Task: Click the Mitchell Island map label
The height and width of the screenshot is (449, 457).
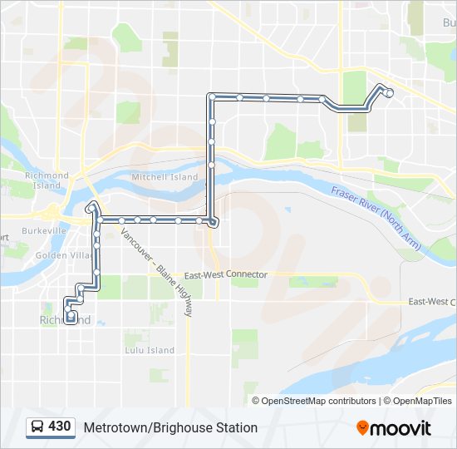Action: (165, 177)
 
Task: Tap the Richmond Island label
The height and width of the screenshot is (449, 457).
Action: (47, 180)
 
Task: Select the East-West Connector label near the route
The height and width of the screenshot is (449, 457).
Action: (226, 274)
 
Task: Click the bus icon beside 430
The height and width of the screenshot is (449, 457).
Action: (37, 427)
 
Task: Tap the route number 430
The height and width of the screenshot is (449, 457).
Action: (60, 427)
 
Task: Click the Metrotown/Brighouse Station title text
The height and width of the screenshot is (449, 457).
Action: (170, 427)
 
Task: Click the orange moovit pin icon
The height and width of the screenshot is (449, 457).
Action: (363, 428)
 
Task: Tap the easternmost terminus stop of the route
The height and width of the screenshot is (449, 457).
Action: (389, 93)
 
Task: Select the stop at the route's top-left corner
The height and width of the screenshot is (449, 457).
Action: (212, 97)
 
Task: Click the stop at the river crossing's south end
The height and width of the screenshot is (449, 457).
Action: (214, 222)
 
